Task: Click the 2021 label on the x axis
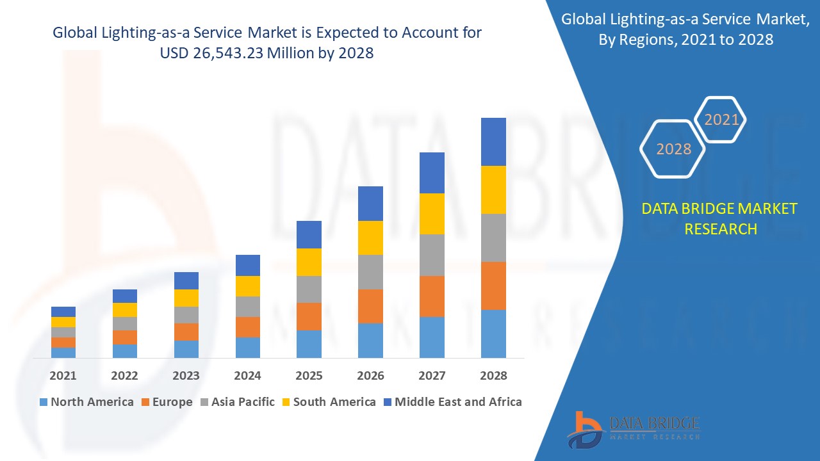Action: click(63, 375)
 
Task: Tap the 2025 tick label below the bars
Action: click(309, 375)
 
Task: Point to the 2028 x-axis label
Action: click(493, 375)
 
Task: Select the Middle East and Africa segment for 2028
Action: click(493, 142)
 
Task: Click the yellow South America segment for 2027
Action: click(432, 214)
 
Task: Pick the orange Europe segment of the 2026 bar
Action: click(370, 306)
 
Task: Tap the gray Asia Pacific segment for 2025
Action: click(309, 289)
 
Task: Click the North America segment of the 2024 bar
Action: click(247, 347)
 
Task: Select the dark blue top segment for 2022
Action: click(124, 296)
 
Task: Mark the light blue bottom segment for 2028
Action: click(493, 334)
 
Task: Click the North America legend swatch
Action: click(44, 402)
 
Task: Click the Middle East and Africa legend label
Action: click(458, 402)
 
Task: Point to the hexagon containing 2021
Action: click(721, 120)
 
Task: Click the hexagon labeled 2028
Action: click(673, 149)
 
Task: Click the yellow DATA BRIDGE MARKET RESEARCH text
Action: click(720, 218)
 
